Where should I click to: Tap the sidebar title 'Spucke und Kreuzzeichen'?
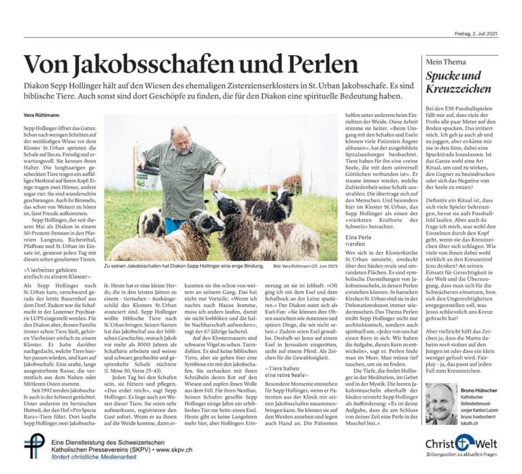pos(454,83)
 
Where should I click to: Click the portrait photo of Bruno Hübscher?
pos(441,404)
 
